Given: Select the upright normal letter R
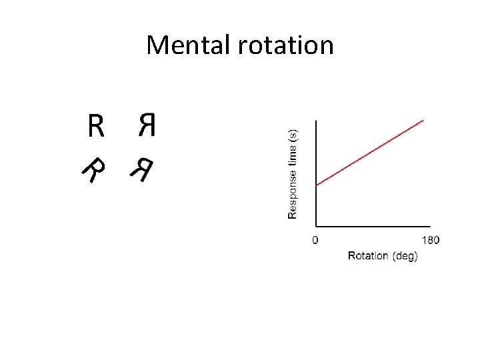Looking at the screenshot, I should click(96, 125).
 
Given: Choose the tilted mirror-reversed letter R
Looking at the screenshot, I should click(141, 171).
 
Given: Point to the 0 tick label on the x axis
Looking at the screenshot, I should click(315, 240).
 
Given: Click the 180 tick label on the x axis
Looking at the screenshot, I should click(431, 240).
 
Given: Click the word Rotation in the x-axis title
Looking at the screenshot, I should click(369, 256).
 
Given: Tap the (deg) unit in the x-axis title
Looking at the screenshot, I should click(405, 256).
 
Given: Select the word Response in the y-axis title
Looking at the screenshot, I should click(293, 194).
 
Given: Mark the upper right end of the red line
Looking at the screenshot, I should click(424, 120).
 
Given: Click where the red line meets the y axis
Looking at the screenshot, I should click(316, 185).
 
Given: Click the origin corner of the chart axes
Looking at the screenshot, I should click(316, 227).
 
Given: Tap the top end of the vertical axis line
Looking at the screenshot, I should click(316, 121).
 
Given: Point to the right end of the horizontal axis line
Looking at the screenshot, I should click(430, 227).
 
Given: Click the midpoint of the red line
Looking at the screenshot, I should click(370, 152).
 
